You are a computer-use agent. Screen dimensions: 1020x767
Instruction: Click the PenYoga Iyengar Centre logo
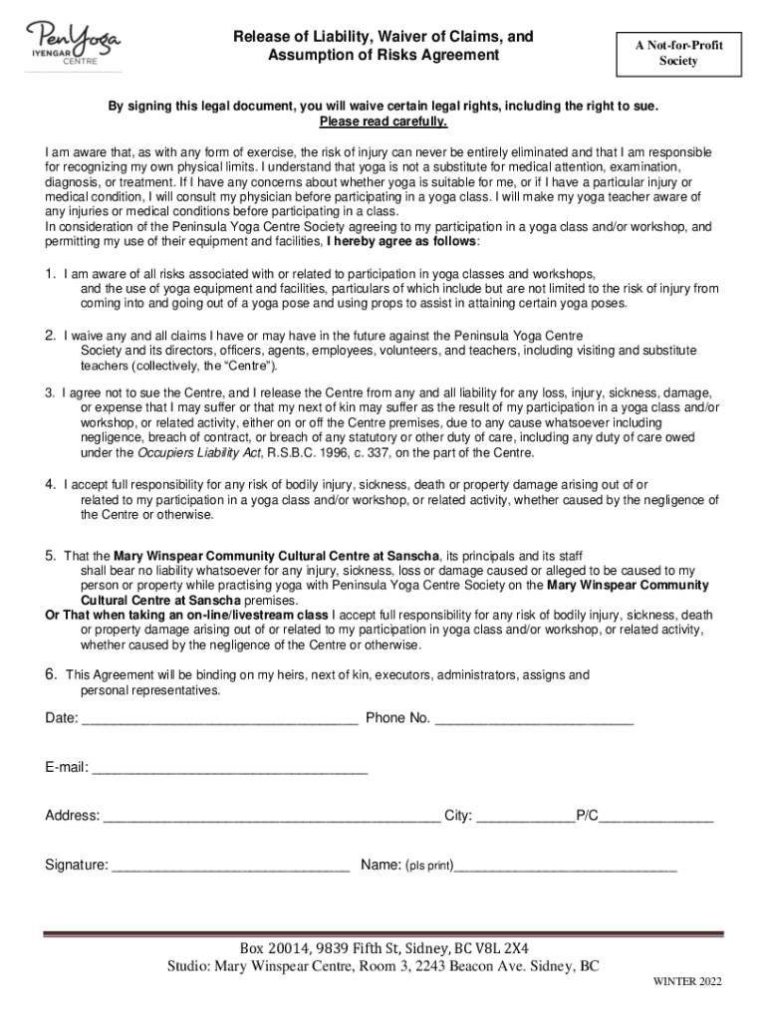76,43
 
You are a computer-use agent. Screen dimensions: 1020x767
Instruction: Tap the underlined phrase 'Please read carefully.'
383,123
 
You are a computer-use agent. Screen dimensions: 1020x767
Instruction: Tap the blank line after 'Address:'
271,819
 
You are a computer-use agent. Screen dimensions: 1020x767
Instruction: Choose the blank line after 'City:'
525,819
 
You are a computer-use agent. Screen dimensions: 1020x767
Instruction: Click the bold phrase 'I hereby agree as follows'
401,242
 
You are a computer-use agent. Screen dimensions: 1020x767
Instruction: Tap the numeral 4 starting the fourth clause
49,485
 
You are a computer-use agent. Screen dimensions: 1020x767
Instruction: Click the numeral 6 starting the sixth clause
49,674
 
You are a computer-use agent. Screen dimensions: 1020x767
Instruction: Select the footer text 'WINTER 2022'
687,982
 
